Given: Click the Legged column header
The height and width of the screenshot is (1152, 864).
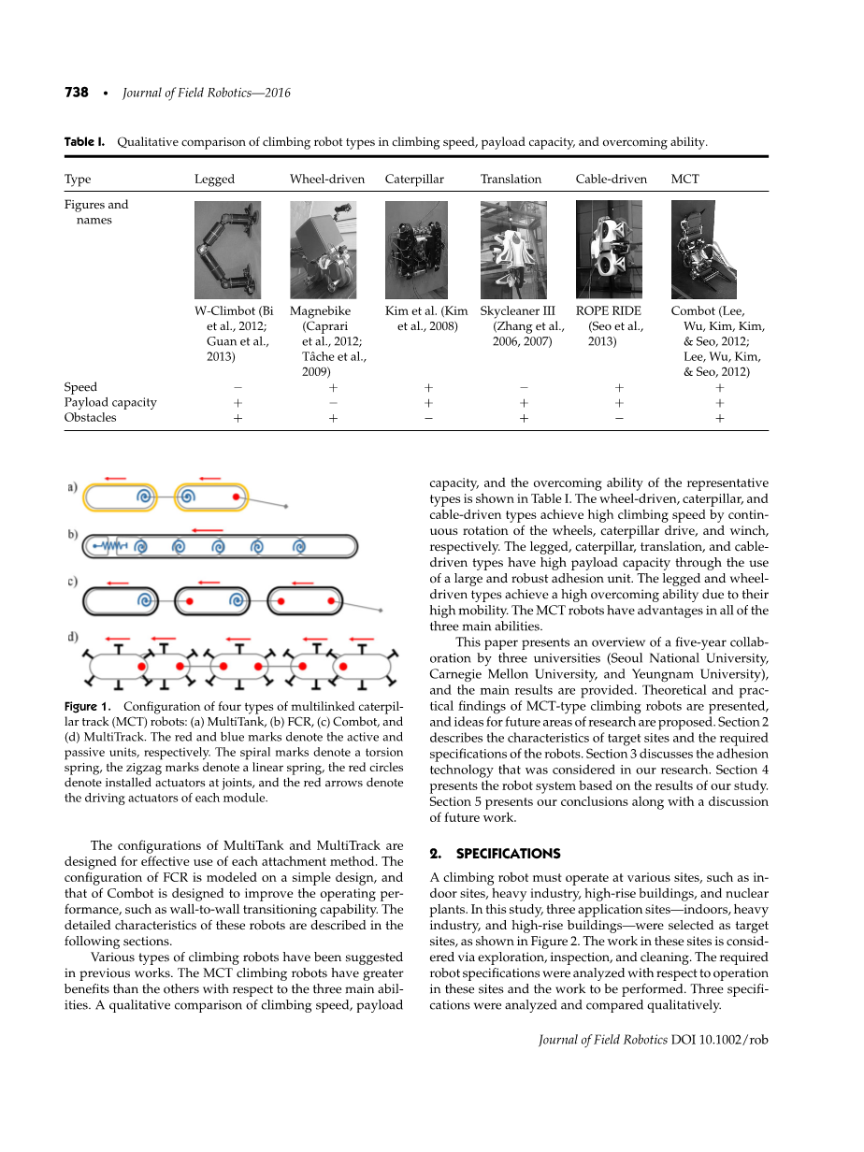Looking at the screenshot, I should tap(214, 179).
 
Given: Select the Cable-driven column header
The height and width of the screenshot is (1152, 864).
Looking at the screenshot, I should tap(611, 179).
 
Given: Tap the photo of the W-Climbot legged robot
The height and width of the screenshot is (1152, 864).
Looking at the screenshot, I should tap(227, 250).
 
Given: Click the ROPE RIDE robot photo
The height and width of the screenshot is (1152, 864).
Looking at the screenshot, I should tap(609, 250).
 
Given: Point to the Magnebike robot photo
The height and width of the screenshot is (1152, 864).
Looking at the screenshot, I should tap(323, 250).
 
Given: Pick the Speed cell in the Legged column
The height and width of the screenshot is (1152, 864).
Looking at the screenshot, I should tap(238, 387).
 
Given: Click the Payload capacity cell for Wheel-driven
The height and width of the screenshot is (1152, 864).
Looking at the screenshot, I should tap(333, 402).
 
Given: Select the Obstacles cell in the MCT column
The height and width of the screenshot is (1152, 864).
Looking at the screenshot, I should tap(719, 418).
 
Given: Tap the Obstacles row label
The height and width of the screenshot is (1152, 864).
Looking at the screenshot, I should tap(91, 418).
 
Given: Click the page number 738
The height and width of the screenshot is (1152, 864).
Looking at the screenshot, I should tap(76, 93).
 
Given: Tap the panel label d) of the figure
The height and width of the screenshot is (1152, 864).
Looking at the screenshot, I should tap(73, 638).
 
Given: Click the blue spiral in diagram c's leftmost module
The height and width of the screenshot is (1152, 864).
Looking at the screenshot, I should tap(145, 601).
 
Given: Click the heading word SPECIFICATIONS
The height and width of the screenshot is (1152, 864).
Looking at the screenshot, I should tap(507, 854).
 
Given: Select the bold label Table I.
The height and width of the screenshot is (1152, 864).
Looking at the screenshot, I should tap(84, 142).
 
